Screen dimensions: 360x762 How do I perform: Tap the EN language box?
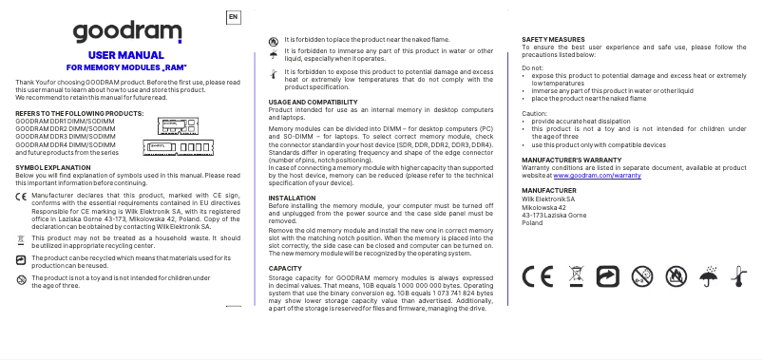pos(234,17)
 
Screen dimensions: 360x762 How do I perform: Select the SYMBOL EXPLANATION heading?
pos(53,166)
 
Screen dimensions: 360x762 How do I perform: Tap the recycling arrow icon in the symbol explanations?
pos(22,259)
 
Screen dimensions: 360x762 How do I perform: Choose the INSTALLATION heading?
pos(293,198)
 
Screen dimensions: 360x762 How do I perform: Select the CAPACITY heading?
pos(285,268)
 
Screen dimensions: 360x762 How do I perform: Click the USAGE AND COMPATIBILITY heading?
pos(313,101)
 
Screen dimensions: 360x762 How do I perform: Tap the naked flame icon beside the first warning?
pos(275,40)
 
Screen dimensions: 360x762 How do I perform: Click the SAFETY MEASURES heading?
pos(553,39)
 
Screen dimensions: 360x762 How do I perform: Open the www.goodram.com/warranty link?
pos(597,176)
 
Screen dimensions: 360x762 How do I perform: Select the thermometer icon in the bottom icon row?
pos(736,276)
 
